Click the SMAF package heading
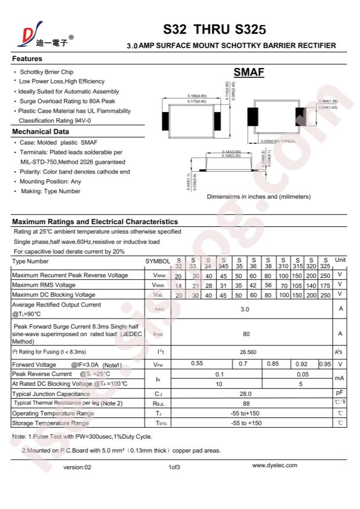(249, 73)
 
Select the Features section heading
(27, 59)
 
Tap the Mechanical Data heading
(41, 132)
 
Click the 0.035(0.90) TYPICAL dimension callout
(278, 142)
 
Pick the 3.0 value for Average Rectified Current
(244, 309)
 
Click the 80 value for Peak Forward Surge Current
(246, 334)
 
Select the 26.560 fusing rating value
(248, 352)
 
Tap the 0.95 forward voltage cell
(325, 364)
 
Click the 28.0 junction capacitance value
(246, 394)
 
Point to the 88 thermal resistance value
(246, 403)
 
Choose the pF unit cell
(340, 394)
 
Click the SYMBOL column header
(158, 262)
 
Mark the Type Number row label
(31, 261)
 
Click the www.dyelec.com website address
(275, 465)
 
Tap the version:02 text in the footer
(77, 467)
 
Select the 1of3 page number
(174, 467)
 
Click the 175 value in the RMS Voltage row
(325, 286)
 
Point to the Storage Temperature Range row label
(51, 423)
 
